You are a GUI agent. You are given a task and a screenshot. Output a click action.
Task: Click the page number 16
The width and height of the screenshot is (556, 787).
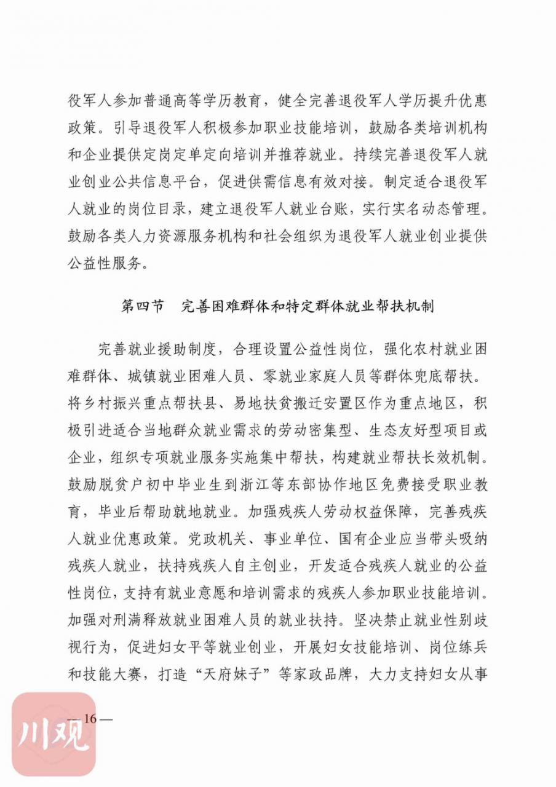(91, 719)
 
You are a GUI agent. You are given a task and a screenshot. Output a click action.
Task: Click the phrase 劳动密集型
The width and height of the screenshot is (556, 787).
(317, 430)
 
